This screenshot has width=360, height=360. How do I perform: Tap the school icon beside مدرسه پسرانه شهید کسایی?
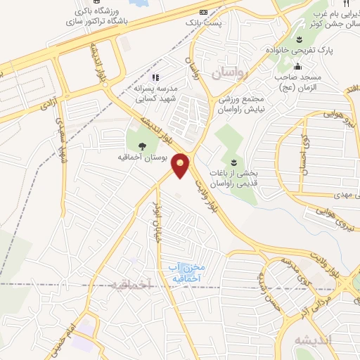tap(155, 77)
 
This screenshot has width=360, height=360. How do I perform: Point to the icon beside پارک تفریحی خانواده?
tap(300, 39)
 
